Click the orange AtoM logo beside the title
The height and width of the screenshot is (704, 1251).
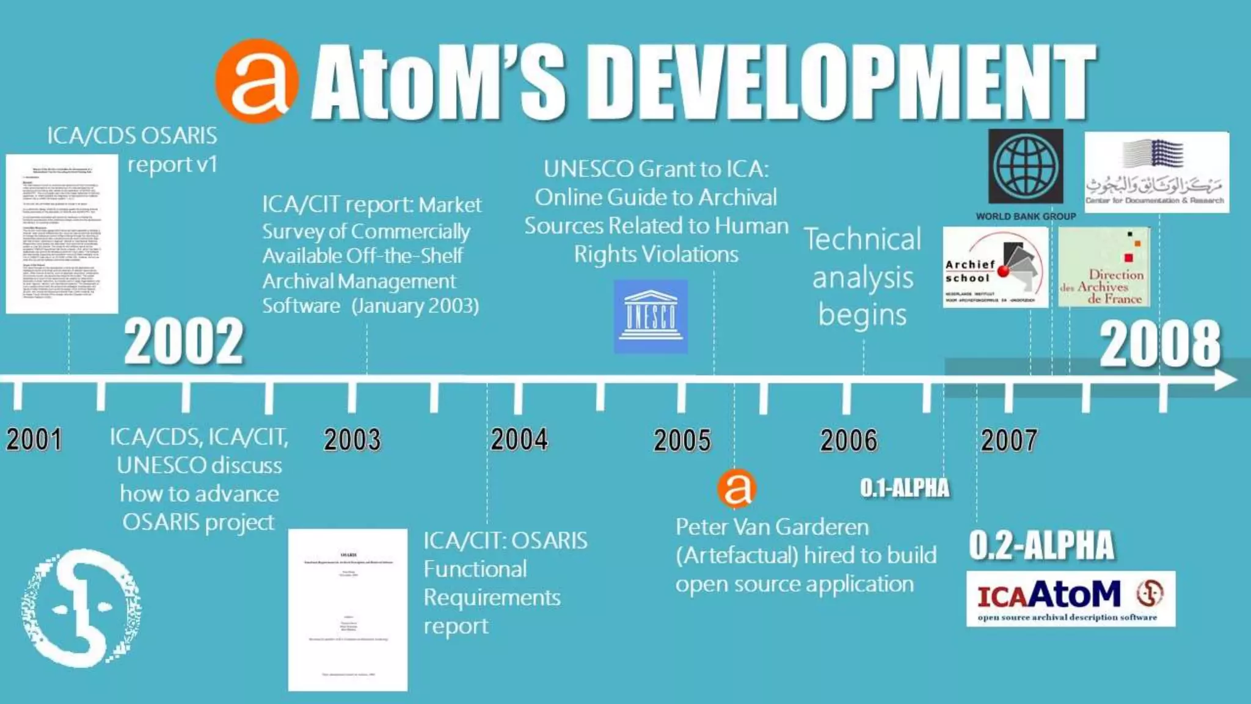[257, 81]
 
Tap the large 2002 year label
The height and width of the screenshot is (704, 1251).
[184, 342]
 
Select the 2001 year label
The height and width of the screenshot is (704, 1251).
[34, 439]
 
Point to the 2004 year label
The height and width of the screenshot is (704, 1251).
[519, 439]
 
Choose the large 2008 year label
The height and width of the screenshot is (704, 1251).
[1160, 345]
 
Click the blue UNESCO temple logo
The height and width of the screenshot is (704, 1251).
[651, 317]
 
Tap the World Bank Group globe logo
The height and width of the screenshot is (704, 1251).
[1026, 166]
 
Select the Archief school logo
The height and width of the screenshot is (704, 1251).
[995, 268]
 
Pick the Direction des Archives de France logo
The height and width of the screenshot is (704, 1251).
[1104, 268]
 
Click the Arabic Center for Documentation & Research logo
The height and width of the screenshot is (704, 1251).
[1156, 172]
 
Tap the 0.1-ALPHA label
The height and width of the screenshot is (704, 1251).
[905, 488]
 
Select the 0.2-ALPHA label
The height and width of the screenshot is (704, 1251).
[1041, 545]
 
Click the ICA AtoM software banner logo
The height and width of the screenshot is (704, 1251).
[1070, 599]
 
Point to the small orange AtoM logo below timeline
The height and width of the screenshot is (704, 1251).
[737, 488]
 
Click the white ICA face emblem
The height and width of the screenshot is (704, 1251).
[81, 608]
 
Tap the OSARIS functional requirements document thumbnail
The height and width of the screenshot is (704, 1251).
[348, 610]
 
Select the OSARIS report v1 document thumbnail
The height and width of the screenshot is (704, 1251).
[62, 233]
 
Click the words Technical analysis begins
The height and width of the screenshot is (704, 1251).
[863, 277]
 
